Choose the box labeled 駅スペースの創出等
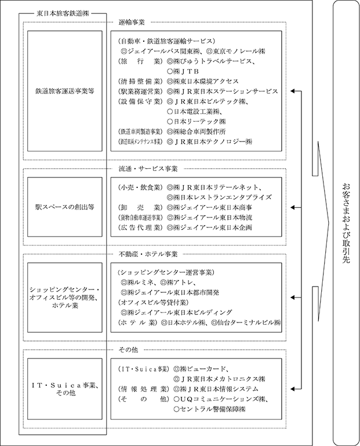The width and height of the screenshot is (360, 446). pyautogui.click(x=64, y=206)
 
